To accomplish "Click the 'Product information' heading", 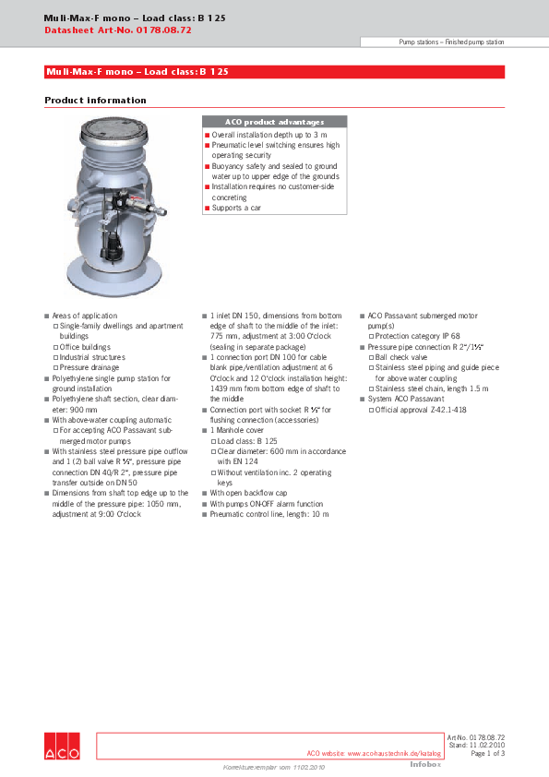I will tap(95, 100).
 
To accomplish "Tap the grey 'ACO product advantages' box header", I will tap(274, 122).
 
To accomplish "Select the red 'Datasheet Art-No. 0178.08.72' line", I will tap(118, 30).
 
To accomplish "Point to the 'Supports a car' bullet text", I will tap(236, 208).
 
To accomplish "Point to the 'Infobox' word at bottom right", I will tap(425, 764).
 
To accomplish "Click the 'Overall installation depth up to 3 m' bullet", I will tap(269, 135).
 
